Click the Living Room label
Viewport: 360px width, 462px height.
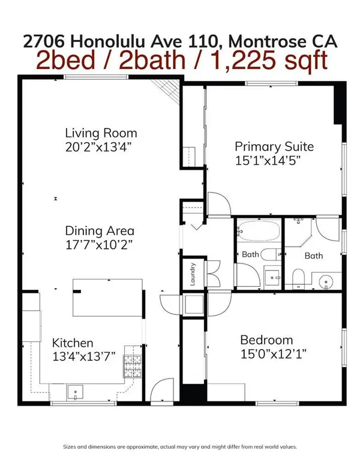point(101,133)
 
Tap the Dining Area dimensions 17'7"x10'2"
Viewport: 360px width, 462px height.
point(100,244)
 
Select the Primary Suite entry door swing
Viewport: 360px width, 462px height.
point(218,204)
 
